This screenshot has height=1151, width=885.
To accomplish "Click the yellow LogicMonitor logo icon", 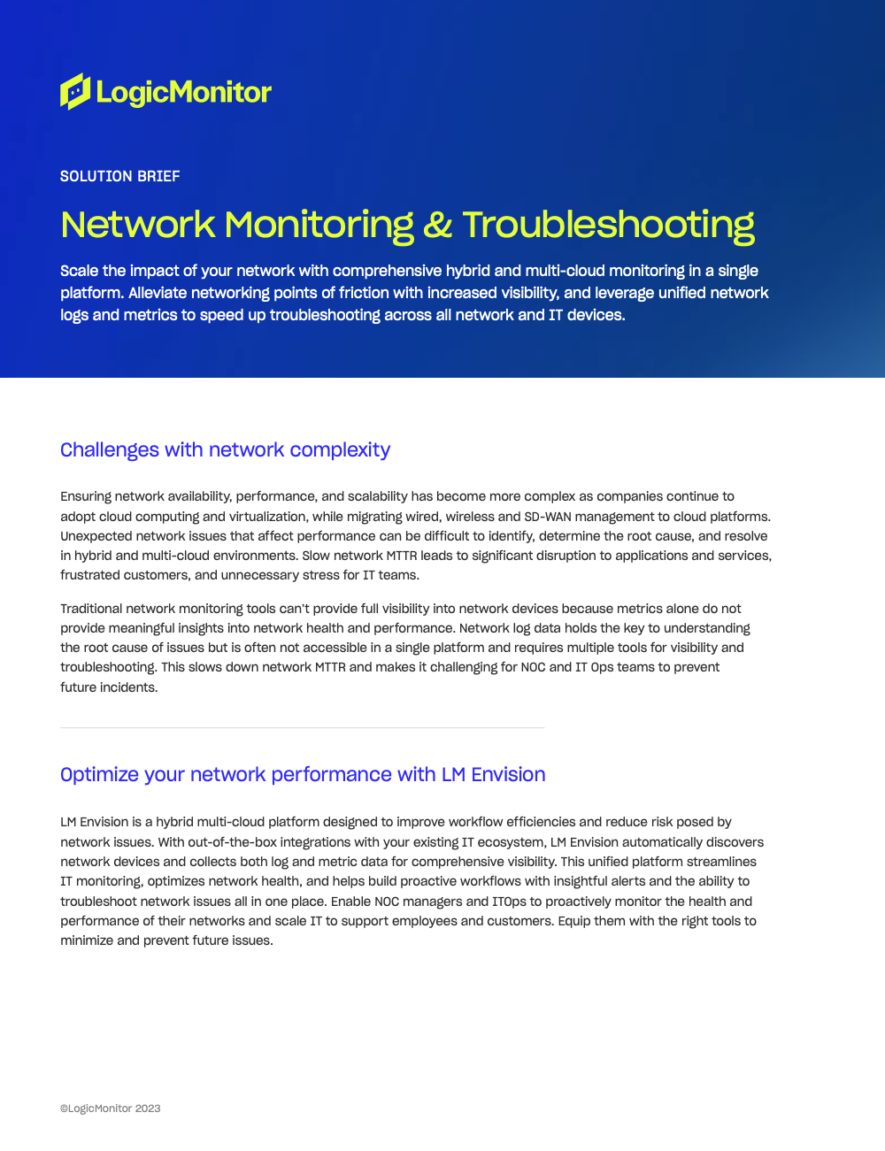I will click(75, 91).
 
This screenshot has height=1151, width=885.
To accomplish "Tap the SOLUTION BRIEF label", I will click(120, 176).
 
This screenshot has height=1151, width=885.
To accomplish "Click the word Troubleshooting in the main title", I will click(608, 225).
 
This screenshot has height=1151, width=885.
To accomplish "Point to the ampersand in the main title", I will click(437, 225).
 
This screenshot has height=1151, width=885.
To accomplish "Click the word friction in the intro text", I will click(366, 293).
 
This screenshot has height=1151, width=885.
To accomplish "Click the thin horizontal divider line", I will click(302, 728).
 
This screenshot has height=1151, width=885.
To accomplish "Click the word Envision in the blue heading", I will click(508, 775).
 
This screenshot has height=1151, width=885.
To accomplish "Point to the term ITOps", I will click(510, 902).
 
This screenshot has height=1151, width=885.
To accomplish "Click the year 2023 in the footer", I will click(148, 1109).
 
